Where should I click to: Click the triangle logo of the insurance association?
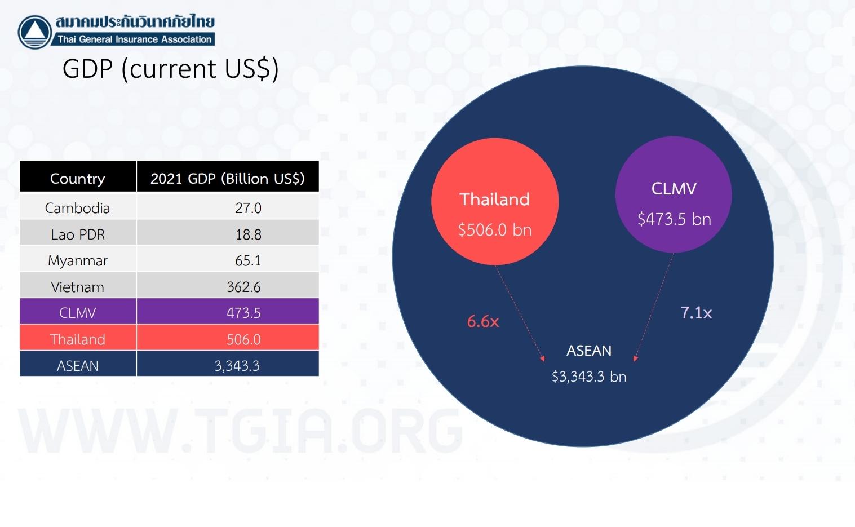pos(35,32)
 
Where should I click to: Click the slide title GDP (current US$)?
pos(171,69)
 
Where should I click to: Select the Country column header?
pos(77,179)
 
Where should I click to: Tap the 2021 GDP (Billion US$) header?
pos(228,178)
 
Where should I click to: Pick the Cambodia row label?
pos(77,208)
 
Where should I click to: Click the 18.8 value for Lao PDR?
pos(248,234)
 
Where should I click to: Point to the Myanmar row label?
pos(77,260)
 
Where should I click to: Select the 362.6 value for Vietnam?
pos(243,287)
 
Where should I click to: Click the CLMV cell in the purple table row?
pos(77,313)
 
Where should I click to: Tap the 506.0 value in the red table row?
pos(243,339)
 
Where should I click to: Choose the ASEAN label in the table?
pos(77,366)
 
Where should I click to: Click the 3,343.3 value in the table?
pos(237,366)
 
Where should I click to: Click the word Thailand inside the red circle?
pos(495,199)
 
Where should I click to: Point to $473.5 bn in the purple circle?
pos(674,219)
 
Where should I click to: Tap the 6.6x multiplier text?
pos(483,321)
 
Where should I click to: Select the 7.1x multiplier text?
pos(696,313)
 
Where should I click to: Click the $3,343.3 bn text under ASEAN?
pos(589,377)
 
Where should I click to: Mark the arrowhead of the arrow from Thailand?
pos(542,358)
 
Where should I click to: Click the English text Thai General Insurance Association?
pos(134,39)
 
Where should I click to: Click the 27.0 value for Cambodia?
pos(248,208)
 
